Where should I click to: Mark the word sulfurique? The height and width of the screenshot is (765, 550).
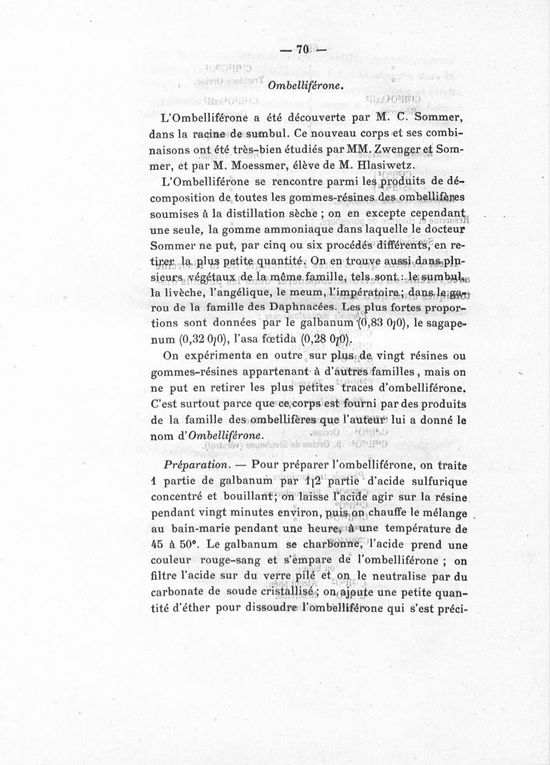(435, 482)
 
